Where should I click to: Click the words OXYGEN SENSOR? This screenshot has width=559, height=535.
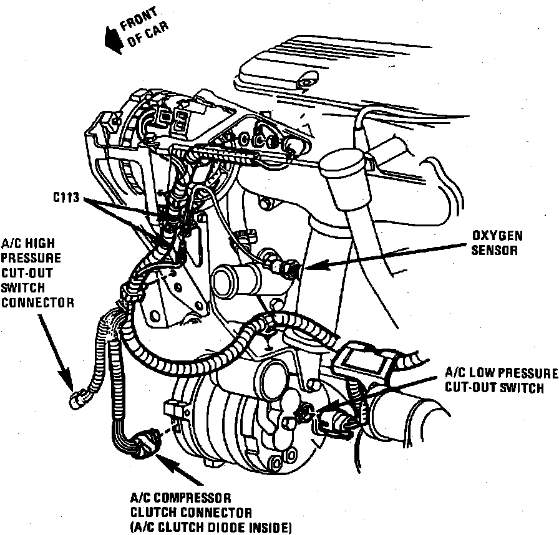tap(497, 243)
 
